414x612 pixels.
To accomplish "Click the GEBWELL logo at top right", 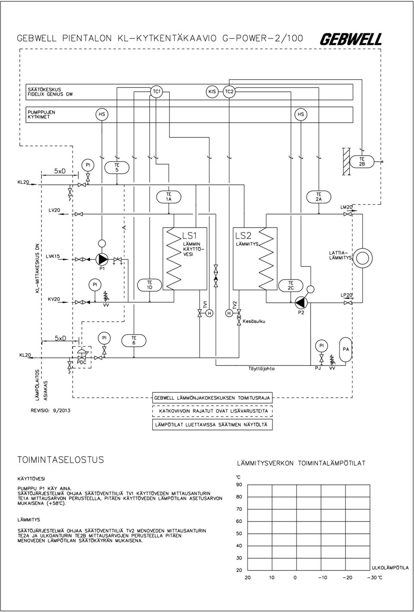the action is [351, 39].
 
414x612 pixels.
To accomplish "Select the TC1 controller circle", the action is [156, 91].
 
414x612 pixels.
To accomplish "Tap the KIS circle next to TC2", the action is [212, 91].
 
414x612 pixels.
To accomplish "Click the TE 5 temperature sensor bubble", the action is [117, 167].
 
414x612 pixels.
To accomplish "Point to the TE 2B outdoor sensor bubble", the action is [362, 161].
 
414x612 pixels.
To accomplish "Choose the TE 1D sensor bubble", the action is [150, 285].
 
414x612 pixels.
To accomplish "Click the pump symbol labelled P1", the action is [102, 259].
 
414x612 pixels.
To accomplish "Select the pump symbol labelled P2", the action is [301, 302].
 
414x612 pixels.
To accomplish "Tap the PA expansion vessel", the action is [346, 349].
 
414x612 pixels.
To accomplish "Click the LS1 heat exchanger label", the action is [189, 235].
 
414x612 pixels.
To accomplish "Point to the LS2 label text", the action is [243, 235].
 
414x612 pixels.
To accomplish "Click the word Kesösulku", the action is [254, 321].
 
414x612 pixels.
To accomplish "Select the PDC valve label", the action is [82, 363].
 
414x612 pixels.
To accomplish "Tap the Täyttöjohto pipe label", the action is [261, 369].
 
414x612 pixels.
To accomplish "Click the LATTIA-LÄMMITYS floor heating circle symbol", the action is [362, 258].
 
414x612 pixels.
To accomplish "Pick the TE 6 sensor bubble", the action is [134, 340].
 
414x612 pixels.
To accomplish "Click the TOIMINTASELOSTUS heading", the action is [61, 460].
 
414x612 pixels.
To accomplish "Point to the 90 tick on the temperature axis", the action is [239, 485].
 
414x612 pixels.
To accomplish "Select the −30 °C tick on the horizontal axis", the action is [375, 577].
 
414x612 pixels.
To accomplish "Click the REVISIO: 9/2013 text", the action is [50, 410].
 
